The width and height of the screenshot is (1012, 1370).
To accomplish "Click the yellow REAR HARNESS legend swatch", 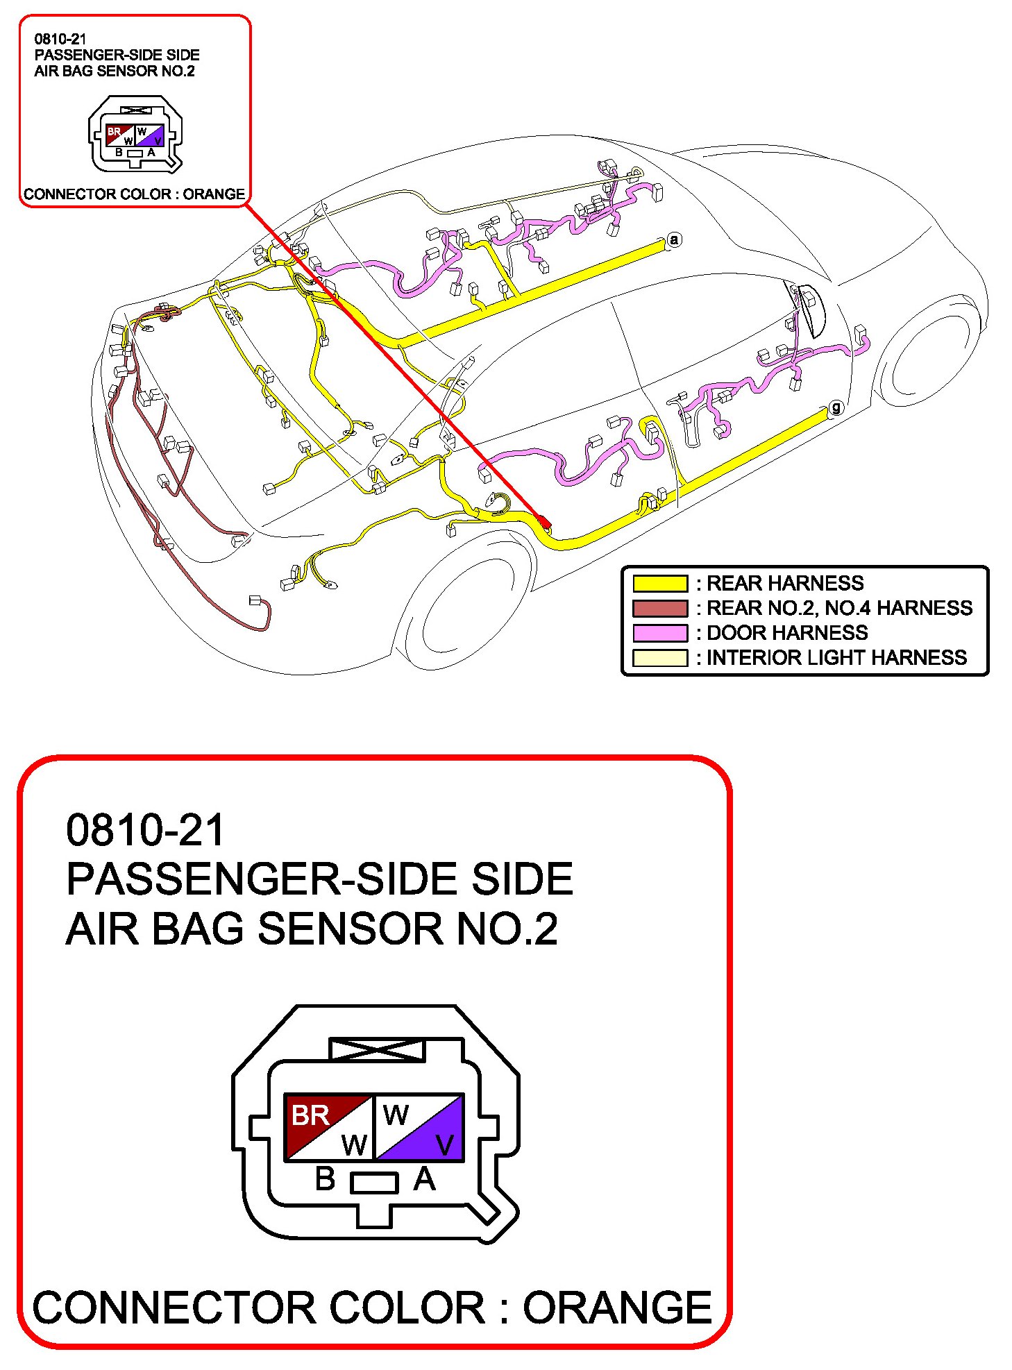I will [659, 583].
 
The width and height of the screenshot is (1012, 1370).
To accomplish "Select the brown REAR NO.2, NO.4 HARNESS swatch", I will [659, 608].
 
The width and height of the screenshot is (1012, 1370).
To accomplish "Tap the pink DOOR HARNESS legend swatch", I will [659, 633].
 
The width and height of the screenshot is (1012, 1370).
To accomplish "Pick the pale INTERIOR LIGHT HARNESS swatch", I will [659, 658].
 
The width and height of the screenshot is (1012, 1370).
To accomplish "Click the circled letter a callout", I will [674, 240].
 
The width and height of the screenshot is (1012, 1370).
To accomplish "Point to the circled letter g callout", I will [836, 407].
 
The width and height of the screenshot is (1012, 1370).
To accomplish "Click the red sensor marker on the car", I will [545, 521].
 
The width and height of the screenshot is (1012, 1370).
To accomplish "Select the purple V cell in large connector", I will [434, 1138].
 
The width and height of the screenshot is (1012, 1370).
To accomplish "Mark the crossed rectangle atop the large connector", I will [376, 1049].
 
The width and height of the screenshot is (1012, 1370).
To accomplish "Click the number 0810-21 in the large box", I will [145, 830].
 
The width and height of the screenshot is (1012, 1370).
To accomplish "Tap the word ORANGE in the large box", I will [617, 1308].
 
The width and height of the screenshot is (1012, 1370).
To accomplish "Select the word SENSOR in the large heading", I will [351, 929].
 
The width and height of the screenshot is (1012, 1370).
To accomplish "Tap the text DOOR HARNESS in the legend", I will [787, 633].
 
